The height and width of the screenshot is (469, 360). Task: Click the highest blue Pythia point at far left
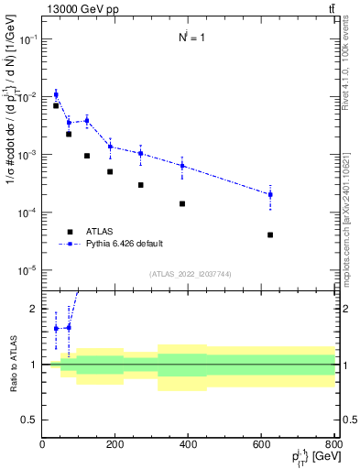point(56,94)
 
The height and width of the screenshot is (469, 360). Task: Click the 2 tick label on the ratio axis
point(33,309)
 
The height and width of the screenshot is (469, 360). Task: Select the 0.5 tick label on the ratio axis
point(29,420)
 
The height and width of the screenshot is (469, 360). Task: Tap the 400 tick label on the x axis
point(189,445)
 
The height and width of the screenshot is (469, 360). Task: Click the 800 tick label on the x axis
point(334,445)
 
